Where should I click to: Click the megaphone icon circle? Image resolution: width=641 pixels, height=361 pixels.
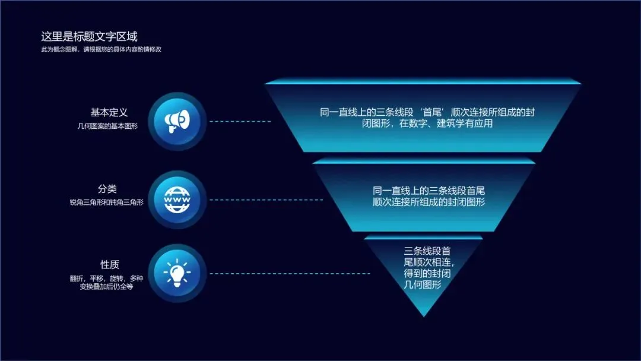coord(177,121)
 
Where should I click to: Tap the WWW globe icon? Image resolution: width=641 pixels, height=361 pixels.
coord(177,199)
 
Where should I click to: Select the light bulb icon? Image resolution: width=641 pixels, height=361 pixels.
coord(177,273)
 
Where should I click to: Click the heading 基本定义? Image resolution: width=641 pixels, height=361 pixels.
coord(109,112)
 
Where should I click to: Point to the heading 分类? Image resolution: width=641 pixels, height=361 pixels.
coord(107,189)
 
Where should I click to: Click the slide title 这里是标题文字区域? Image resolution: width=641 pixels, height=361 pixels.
coord(89,37)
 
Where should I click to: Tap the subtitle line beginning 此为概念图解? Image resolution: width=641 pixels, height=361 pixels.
coord(101,50)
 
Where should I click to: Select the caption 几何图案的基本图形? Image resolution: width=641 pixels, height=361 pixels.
coord(107,126)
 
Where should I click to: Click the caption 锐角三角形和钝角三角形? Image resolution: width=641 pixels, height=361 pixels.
coord(106,202)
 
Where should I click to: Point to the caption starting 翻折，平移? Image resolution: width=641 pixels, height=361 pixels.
coord(106,278)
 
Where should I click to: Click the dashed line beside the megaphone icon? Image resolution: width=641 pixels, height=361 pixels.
coord(240,121)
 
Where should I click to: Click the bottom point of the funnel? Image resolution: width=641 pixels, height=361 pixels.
coord(424,315)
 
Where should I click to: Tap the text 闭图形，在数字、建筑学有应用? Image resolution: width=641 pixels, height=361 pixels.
coord(423,124)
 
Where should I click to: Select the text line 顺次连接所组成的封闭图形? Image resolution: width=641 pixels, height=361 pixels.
coord(429,202)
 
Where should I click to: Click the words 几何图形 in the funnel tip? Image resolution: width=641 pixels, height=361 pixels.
coord(422,284)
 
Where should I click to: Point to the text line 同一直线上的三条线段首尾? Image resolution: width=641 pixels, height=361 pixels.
coord(429,191)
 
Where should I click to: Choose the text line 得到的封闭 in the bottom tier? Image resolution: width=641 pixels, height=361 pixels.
coord(422,273)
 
